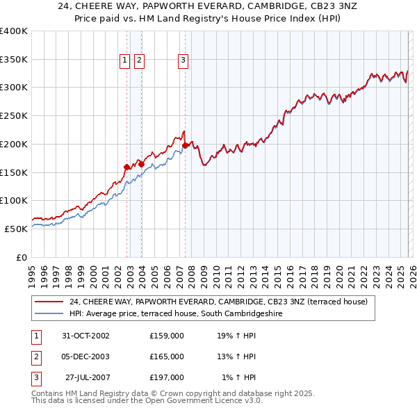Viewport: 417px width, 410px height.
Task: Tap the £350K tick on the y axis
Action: pos(13,59)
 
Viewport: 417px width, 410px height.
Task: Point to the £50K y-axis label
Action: pos(15,229)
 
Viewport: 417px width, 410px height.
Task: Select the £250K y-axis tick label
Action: pos(13,115)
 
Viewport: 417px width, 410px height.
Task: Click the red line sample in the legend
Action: pos(49,302)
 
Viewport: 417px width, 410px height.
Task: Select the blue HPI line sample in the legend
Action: pos(49,313)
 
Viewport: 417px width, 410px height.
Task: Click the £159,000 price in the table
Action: pos(167,336)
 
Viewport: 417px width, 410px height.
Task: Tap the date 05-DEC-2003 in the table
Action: pos(85,356)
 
